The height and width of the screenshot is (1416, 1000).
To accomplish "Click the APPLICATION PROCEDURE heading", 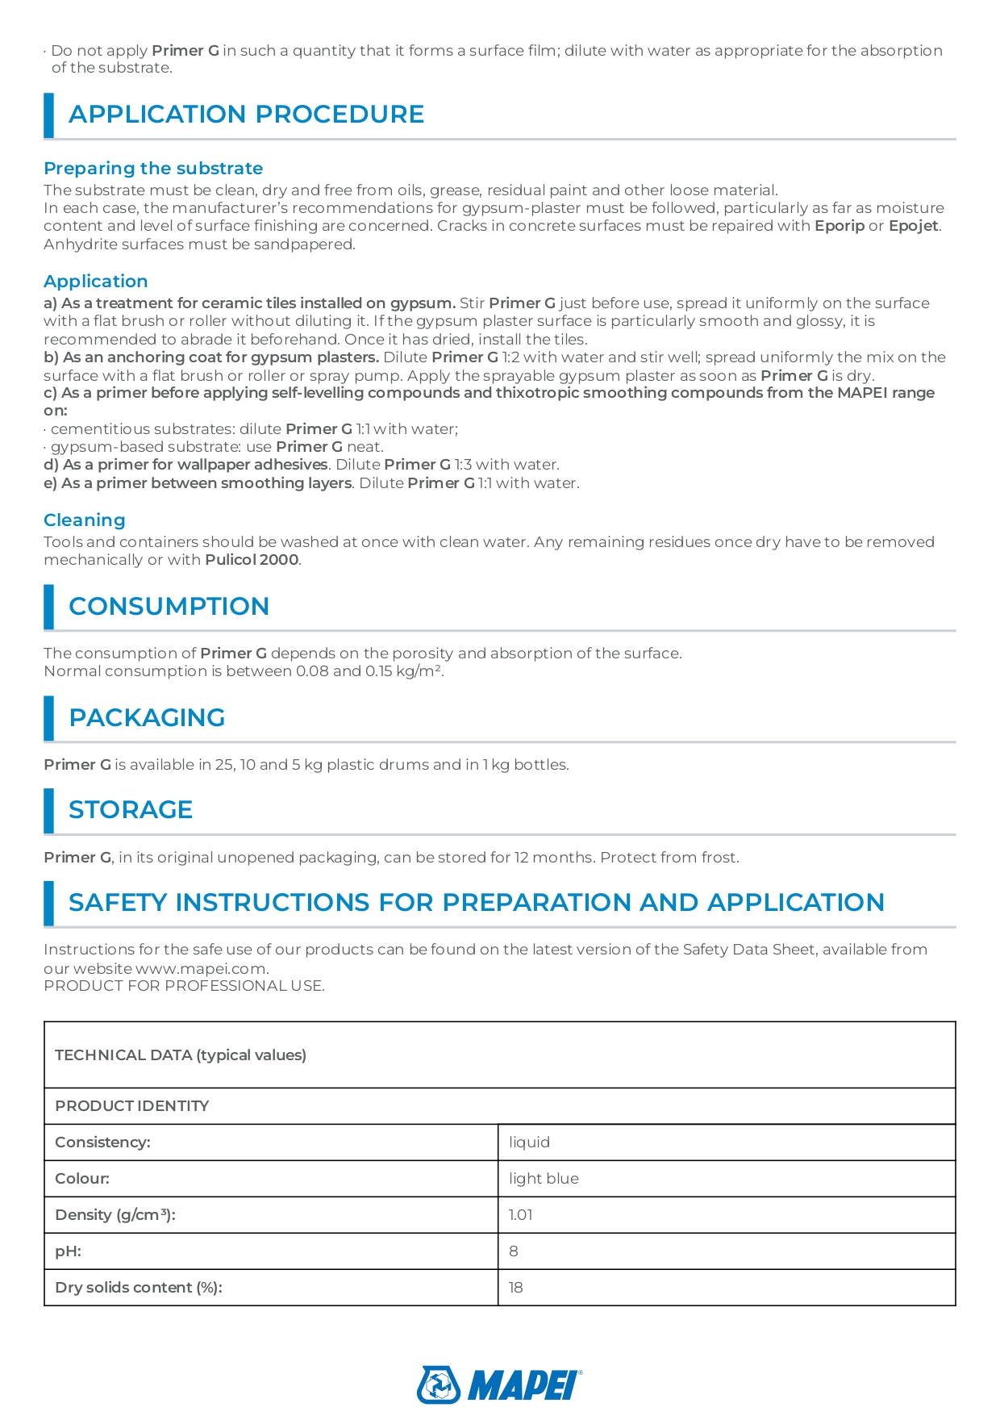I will (246, 115).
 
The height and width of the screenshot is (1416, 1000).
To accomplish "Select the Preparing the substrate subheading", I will (153, 169).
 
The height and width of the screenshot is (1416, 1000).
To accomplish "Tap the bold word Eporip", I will (839, 226).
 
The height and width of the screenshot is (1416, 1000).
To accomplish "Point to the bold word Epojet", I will (913, 226).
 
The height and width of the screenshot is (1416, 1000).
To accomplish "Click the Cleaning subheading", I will (85, 520).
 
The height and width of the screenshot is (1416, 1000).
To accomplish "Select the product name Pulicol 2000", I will (252, 560).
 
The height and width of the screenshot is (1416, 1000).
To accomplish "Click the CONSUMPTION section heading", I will (169, 607).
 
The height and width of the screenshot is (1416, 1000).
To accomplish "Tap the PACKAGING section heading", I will (147, 718).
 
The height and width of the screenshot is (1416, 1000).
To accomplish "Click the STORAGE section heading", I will (131, 810).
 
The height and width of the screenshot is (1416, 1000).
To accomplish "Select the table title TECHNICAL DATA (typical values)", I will (181, 1055).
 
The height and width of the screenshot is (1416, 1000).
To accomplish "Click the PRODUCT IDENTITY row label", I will (131, 1106).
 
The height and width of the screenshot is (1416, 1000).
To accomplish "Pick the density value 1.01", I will (520, 1215).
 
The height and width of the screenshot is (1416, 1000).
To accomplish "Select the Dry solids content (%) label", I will (139, 1288).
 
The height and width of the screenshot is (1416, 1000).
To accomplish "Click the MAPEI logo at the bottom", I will (499, 1385).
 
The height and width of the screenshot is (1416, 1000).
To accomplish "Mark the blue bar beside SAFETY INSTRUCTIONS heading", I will (49, 903).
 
